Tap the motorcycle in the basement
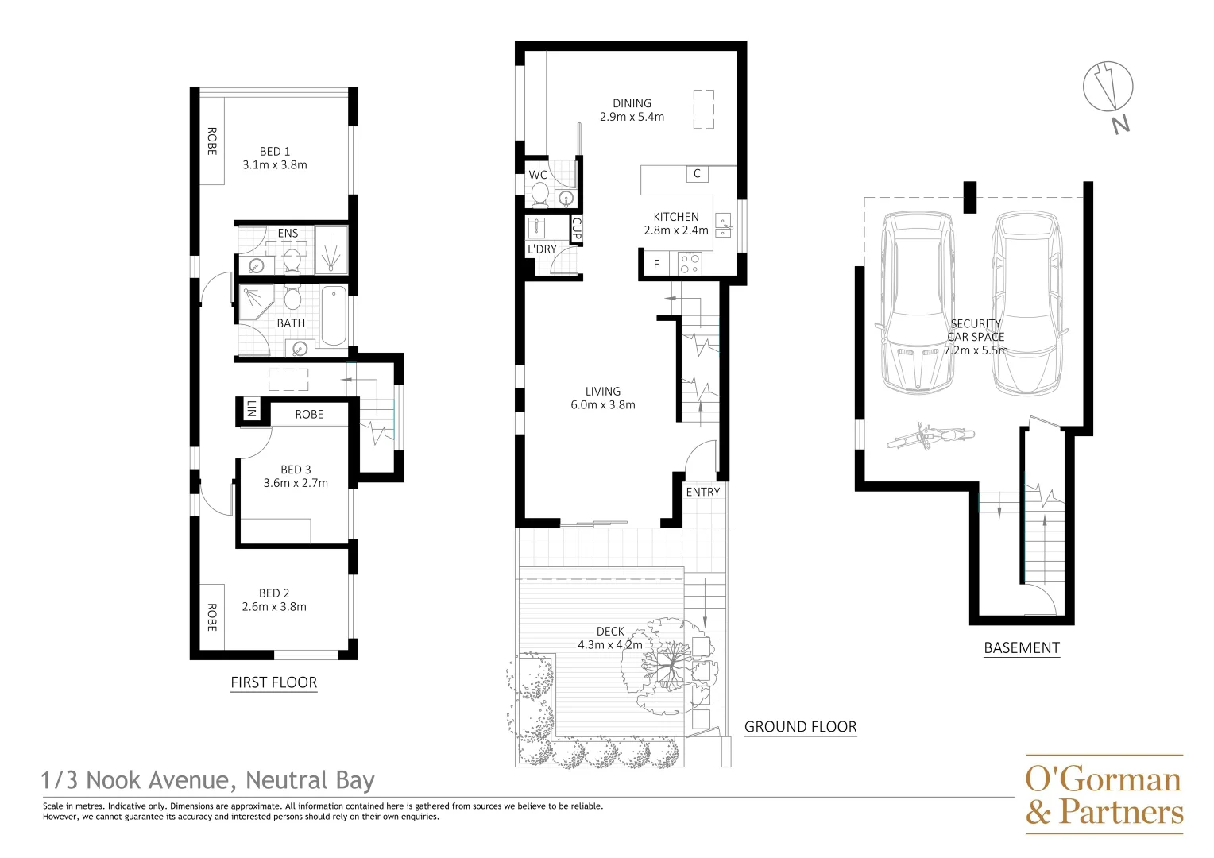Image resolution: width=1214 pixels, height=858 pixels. [930, 437]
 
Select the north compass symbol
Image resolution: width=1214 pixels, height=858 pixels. [1108, 87]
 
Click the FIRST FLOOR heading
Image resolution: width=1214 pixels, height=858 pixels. [273, 682]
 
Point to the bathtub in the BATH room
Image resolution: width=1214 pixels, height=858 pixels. [334, 316]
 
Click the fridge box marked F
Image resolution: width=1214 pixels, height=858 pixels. [657, 264]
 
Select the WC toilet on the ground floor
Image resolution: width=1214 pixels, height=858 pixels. [539, 195]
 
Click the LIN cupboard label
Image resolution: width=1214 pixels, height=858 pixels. [251, 408]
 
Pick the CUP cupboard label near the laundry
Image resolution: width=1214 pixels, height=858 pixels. [577, 229]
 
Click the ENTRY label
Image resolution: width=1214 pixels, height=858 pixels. [703, 492]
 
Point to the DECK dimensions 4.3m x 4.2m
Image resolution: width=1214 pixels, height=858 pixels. [610, 645]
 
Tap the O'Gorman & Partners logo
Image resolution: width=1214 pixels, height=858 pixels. [1104, 794]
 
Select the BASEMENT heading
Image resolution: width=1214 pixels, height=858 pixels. [1022, 647]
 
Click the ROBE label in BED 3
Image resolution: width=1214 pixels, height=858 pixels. [309, 415]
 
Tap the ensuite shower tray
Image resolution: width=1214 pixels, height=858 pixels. [331, 250]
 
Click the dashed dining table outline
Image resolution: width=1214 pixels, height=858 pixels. [704, 110]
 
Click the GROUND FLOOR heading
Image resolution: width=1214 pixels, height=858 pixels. [801, 727]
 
